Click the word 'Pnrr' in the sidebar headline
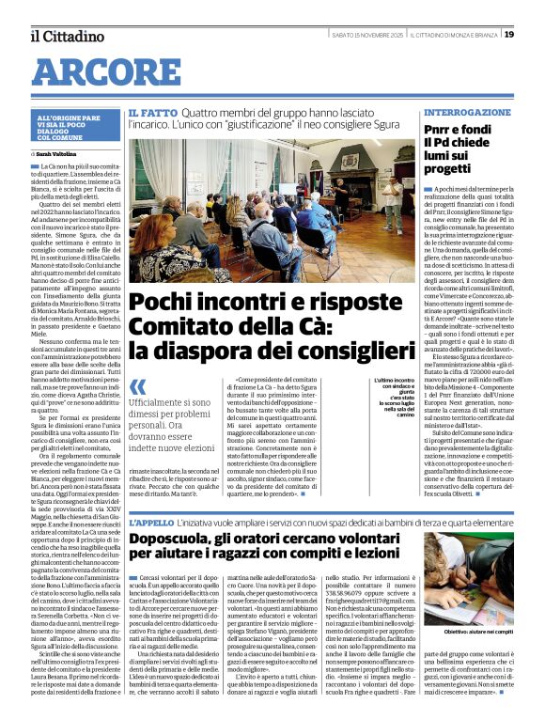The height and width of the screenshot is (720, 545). pyautogui.click(x=442, y=127)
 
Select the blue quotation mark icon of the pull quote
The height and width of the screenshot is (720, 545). pyautogui.click(x=138, y=386)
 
